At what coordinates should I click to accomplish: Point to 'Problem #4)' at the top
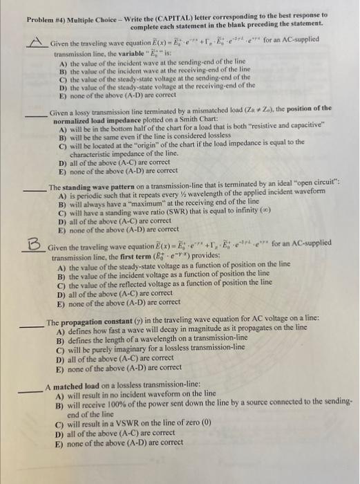[47, 15]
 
